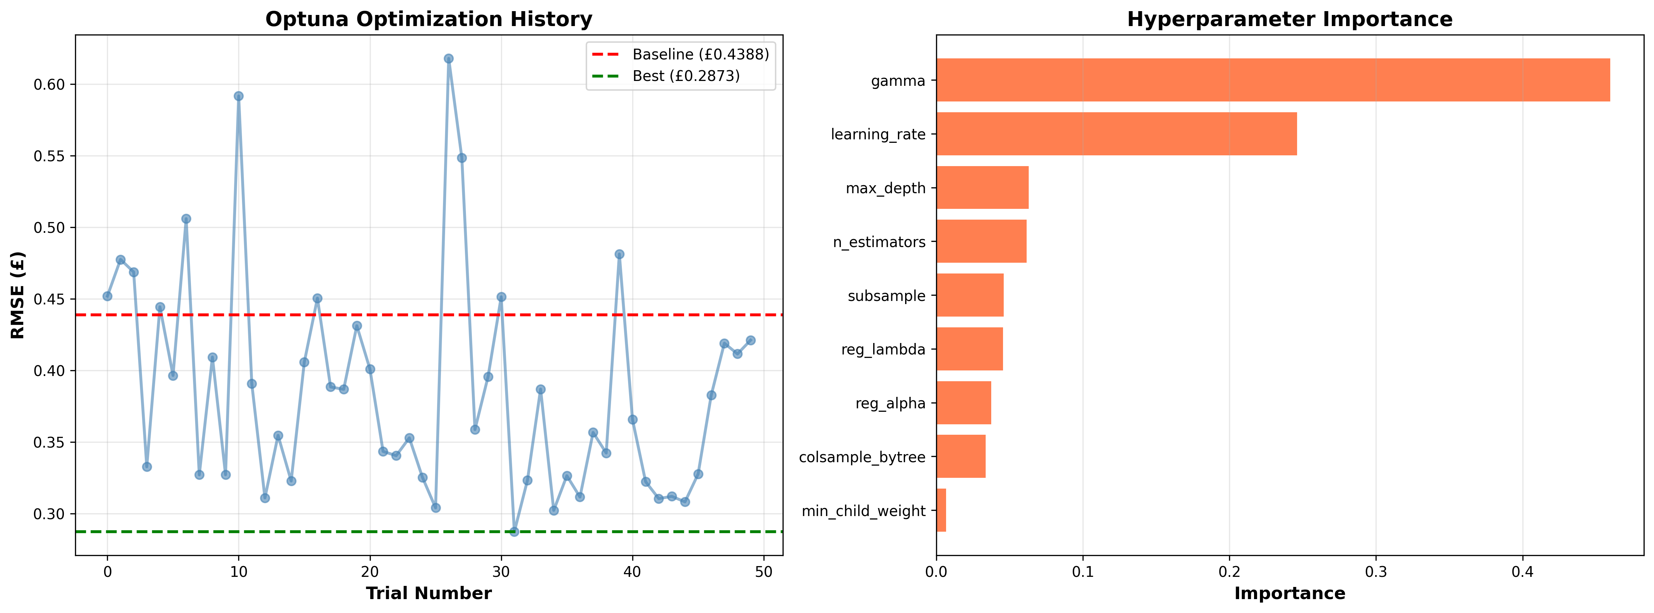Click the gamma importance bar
(x=1272, y=80)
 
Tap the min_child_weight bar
(x=941, y=510)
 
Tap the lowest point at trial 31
(x=514, y=531)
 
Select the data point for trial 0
(x=107, y=296)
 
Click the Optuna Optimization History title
(x=428, y=19)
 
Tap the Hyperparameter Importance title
(x=1289, y=19)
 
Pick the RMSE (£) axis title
(x=18, y=295)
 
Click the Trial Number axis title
(x=428, y=593)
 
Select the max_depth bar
(x=983, y=188)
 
